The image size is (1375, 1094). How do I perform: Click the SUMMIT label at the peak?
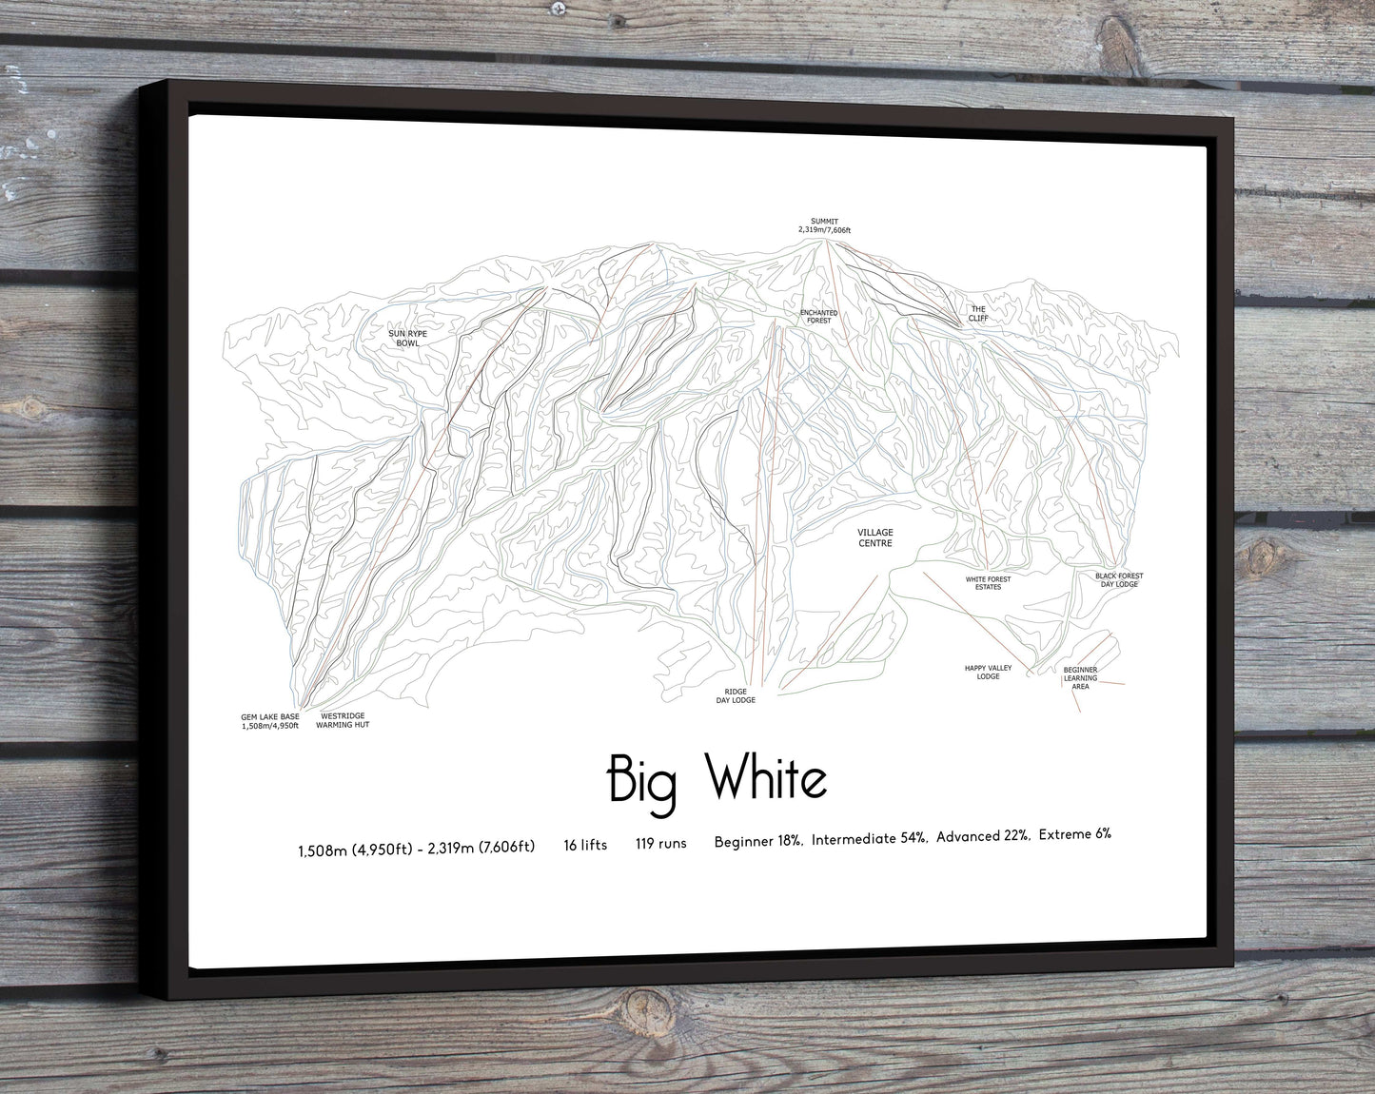click(x=817, y=225)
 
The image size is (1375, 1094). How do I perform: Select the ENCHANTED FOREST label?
click(x=818, y=316)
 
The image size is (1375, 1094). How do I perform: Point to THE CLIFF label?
click(x=978, y=313)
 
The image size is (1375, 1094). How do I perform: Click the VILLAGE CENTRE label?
click(x=875, y=537)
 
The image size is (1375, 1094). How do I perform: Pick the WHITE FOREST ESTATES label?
click(x=988, y=582)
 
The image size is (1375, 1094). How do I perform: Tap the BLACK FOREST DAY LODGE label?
click(x=1118, y=579)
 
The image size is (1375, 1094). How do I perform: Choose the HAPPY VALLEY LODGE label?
click(x=988, y=672)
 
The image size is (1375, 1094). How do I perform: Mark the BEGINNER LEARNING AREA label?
click(x=1080, y=677)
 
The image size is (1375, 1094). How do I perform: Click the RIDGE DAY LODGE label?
click(x=736, y=695)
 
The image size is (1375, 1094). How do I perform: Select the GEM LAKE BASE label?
click(x=270, y=721)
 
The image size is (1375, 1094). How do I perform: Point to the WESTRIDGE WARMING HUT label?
click(x=344, y=720)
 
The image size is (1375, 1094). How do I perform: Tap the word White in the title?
click(x=768, y=780)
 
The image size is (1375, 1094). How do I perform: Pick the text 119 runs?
click(x=661, y=844)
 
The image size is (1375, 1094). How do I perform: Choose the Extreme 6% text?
click(x=1075, y=835)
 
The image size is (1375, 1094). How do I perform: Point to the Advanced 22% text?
click(x=983, y=837)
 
